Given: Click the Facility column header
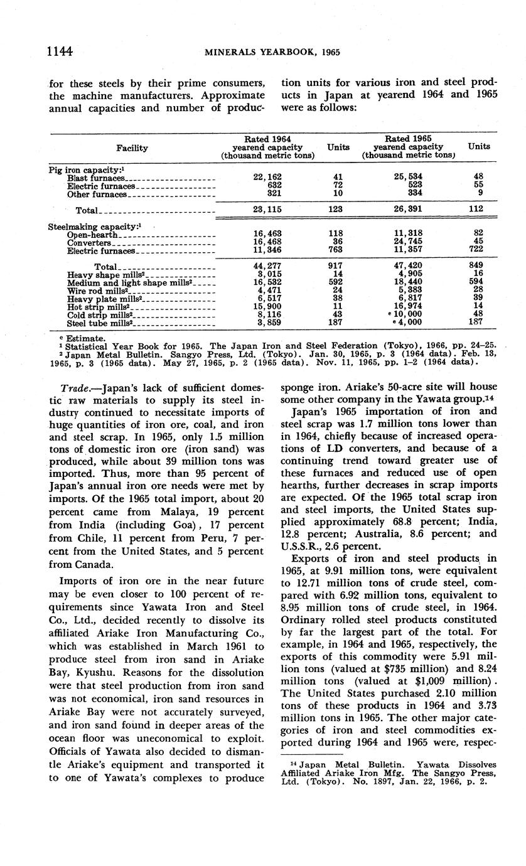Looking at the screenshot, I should [x=132, y=147].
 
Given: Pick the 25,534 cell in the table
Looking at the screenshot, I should [x=407, y=178].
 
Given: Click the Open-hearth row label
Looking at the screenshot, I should [x=93, y=235].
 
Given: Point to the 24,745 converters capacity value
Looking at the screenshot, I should [x=407, y=242].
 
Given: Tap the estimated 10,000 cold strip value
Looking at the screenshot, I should [x=409, y=316].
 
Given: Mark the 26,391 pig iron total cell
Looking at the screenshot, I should [x=407, y=210].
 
